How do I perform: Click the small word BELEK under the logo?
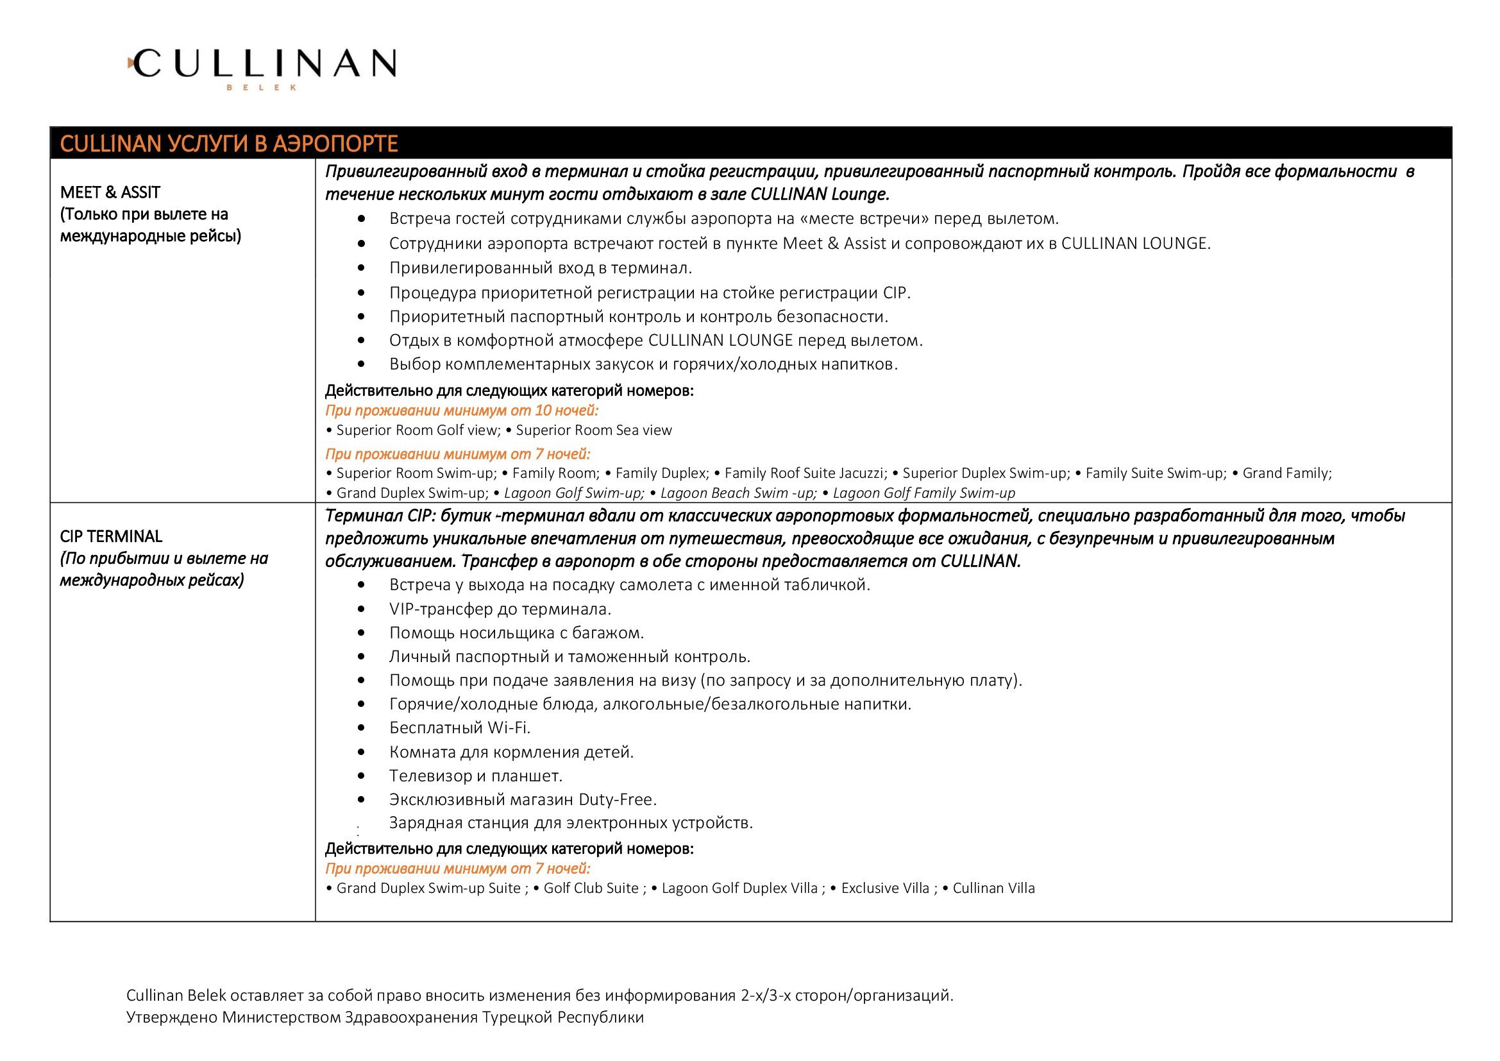(261, 87)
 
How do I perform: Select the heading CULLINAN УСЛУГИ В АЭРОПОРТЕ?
(229, 144)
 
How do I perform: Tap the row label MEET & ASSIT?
(110, 192)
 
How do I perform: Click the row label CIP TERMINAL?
(111, 536)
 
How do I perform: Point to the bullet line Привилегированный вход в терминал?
(540, 268)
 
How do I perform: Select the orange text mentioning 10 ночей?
(461, 411)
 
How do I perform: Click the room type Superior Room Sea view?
(593, 430)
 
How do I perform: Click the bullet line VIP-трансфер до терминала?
(500, 609)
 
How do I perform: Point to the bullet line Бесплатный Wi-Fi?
(460, 728)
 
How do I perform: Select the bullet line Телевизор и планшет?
(476, 776)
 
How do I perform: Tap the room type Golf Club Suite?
(591, 888)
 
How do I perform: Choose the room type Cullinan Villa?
(993, 888)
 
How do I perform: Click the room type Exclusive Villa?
(884, 888)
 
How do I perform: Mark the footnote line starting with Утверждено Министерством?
(385, 1017)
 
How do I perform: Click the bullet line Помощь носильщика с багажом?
(516, 632)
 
